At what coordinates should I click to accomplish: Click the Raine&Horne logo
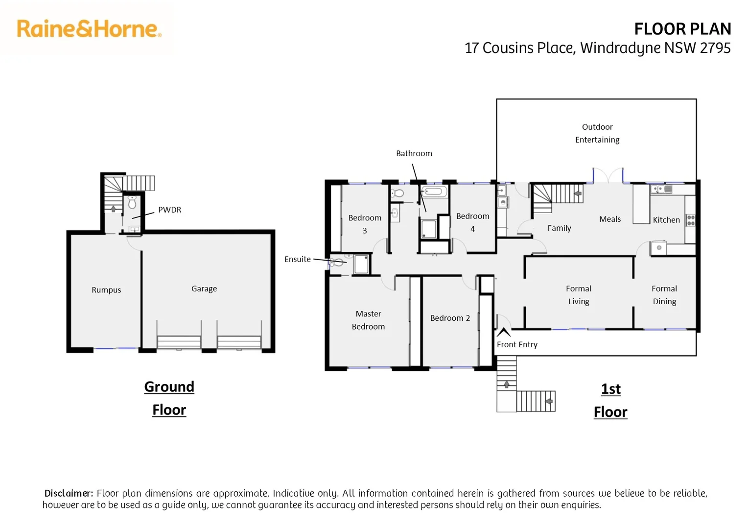[89, 29]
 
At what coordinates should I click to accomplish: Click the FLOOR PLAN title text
[682, 29]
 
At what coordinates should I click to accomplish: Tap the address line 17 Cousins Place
[597, 48]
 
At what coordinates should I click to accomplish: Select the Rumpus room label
[106, 290]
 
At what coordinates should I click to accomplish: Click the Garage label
[204, 289]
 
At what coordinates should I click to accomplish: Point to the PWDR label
[169, 210]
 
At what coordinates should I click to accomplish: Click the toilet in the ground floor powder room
[132, 202]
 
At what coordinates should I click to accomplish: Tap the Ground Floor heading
[169, 398]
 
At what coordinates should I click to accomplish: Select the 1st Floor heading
[610, 400]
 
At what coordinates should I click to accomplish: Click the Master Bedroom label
[368, 320]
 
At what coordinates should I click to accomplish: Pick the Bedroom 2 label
[450, 318]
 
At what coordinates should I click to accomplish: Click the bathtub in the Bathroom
[434, 192]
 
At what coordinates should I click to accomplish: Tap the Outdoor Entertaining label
[597, 133]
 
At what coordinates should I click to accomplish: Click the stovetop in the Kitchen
[690, 220]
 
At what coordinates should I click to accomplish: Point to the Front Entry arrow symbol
[504, 333]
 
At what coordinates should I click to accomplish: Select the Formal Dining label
[664, 295]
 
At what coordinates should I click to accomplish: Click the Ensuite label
[297, 259]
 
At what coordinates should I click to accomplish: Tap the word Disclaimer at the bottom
[69, 493]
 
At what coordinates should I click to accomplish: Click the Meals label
[609, 219]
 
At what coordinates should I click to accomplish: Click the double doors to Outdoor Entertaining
[608, 175]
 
